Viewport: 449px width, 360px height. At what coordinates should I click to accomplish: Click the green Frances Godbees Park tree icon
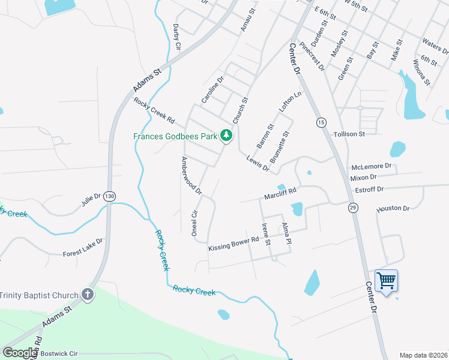coord(226,136)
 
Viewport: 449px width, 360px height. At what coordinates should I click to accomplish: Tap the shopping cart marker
coord(386,280)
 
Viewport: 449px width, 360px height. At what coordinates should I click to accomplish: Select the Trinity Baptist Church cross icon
coord(88,295)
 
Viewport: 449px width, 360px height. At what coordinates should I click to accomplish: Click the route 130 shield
coord(109,196)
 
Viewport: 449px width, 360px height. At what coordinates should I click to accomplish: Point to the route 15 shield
coord(322,122)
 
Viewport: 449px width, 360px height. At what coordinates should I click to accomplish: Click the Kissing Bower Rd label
coord(234,243)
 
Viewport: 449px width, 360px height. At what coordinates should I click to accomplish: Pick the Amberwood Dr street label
coord(191,176)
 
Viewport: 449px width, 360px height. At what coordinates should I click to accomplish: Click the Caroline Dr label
coord(212,89)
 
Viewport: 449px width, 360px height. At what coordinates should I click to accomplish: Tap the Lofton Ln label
coord(289,103)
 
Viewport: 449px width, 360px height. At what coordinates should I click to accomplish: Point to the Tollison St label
coord(349,134)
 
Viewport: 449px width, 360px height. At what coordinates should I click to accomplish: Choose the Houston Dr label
coord(393,209)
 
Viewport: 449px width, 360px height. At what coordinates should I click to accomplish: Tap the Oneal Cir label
coord(194,223)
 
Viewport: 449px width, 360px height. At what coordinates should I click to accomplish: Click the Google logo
coord(20,353)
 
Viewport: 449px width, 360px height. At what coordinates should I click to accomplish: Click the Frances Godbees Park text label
coord(175,136)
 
